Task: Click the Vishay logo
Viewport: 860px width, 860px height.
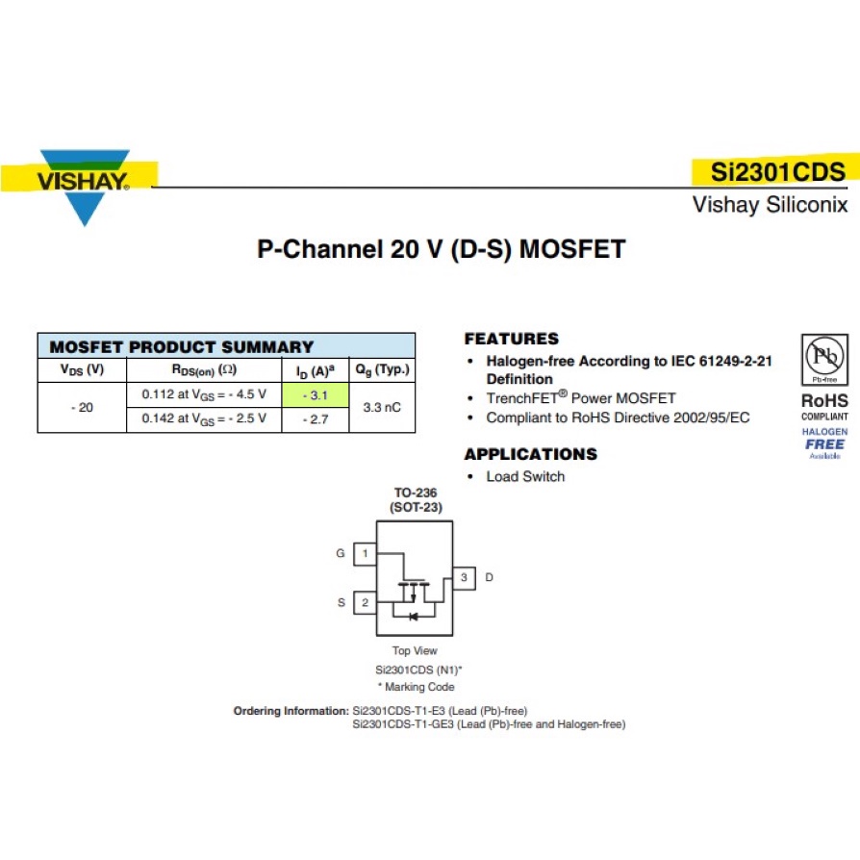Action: (x=84, y=183)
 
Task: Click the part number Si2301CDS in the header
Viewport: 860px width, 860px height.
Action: (x=777, y=172)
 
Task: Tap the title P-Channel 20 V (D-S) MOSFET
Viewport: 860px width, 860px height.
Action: (x=441, y=250)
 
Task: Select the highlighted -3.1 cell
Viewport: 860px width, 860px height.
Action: (x=315, y=394)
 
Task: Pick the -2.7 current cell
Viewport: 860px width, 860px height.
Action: (x=315, y=419)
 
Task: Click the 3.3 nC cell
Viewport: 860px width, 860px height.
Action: (x=382, y=407)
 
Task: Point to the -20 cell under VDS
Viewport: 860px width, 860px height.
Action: (x=83, y=407)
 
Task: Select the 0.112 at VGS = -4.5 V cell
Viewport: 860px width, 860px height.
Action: (x=204, y=394)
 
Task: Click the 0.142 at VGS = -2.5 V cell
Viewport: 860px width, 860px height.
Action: (x=204, y=419)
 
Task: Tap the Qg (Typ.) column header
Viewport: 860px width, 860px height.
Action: (x=382, y=369)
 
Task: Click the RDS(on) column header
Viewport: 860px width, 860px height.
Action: (x=204, y=369)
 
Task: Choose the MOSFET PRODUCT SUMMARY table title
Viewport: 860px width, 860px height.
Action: (x=182, y=346)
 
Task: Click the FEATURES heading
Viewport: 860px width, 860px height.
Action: (x=511, y=339)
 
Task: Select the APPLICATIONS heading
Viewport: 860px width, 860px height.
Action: (x=530, y=454)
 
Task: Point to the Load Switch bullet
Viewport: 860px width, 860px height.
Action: (x=525, y=476)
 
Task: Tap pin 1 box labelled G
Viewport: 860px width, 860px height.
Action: (x=365, y=554)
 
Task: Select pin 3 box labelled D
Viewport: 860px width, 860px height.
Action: (x=464, y=577)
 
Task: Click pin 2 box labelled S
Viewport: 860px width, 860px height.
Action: (x=365, y=603)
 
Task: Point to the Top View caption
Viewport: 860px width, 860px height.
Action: (x=414, y=651)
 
